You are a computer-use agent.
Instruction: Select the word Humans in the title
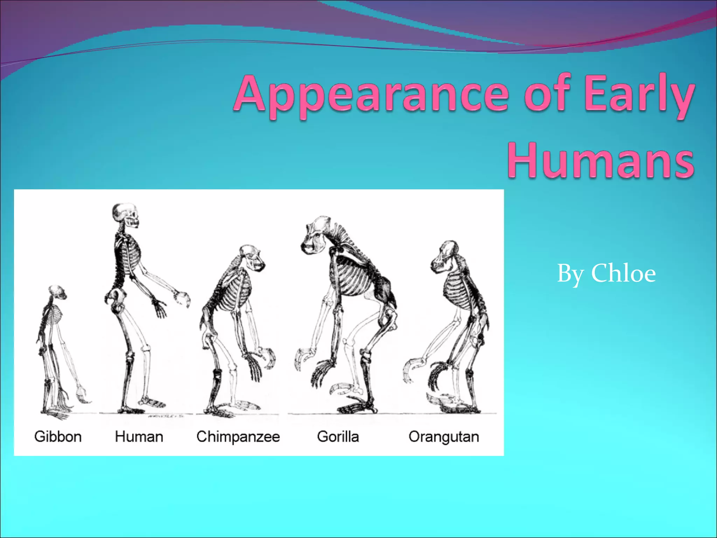point(601,161)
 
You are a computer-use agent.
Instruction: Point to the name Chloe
point(623,274)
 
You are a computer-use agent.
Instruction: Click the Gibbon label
point(58,437)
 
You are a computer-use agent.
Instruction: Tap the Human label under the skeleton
point(139,437)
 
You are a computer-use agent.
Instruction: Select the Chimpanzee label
point(238,437)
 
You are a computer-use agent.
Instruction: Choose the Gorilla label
point(338,437)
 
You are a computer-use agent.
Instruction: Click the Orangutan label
point(444,437)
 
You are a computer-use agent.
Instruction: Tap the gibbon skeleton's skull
point(57,292)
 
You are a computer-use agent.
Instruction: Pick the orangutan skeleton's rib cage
point(457,289)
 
